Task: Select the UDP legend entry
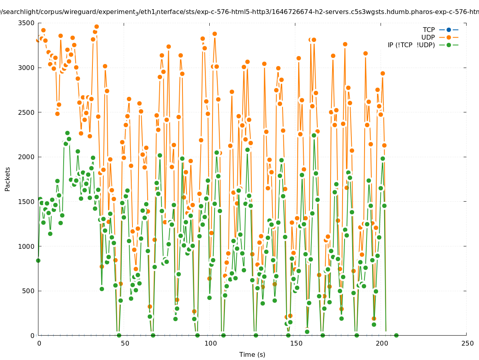click(x=428, y=37)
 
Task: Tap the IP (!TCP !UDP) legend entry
click(x=411, y=45)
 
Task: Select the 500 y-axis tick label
click(x=28, y=291)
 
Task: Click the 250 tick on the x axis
click(x=467, y=343)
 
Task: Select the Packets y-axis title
click(x=8, y=179)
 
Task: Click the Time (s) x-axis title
click(x=252, y=354)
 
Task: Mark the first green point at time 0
click(x=38, y=260)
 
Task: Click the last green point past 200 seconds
click(x=396, y=335)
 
